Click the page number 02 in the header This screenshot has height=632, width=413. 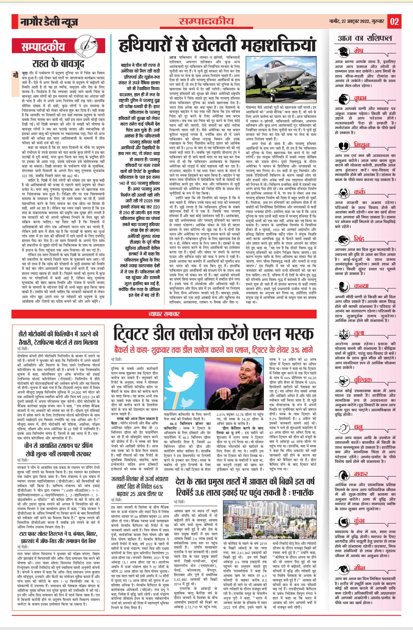(x=394, y=21)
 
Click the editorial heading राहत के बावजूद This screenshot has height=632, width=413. (x=58, y=63)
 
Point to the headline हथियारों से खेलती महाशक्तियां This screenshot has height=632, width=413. (x=217, y=45)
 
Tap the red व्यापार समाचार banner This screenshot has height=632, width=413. (x=164, y=314)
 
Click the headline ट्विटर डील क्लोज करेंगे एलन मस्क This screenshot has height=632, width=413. (x=213, y=334)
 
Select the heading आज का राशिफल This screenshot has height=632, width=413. (x=365, y=38)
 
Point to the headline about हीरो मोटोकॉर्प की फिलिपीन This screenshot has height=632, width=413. (x=59, y=337)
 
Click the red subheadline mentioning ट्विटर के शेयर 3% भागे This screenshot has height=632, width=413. (x=213, y=350)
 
